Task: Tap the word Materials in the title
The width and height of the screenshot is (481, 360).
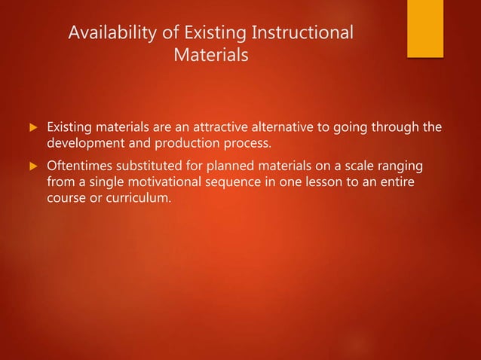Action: [x=210, y=56]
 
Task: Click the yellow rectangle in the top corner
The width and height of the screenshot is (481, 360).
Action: [x=425, y=28]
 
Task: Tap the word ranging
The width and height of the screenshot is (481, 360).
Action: [x=401, y=166]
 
